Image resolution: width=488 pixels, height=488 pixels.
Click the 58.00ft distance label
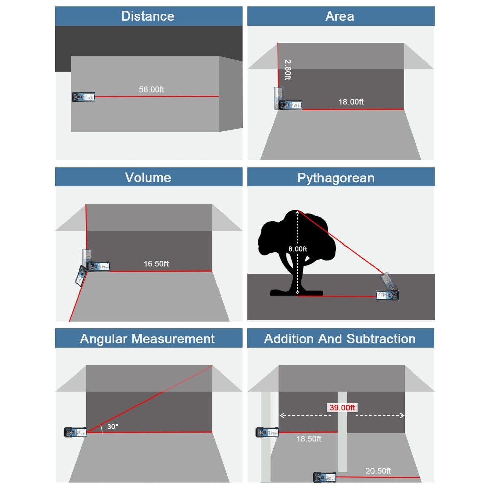click(151, 89)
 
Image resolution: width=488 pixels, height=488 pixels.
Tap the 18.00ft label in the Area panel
click(351, 102)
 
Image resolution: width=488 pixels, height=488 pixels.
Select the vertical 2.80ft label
click(288, 70)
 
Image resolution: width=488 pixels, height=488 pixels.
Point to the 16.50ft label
click(156, 264)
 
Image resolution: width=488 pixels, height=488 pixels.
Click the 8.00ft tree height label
click(298, 249)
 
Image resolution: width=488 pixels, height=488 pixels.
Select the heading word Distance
click(148, 16)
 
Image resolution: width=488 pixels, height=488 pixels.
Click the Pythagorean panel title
click(336, 178)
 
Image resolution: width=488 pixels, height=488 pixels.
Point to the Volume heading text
click(148, 177)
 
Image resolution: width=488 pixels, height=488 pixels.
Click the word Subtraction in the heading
click(381, 339)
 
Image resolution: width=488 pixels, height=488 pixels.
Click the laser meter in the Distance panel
click(83, 97)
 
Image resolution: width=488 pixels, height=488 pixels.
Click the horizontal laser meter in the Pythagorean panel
click(387, 296)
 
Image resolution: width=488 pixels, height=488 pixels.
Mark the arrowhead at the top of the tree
click(297, 213)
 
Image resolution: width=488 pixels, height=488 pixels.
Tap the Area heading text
click(339, 16)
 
